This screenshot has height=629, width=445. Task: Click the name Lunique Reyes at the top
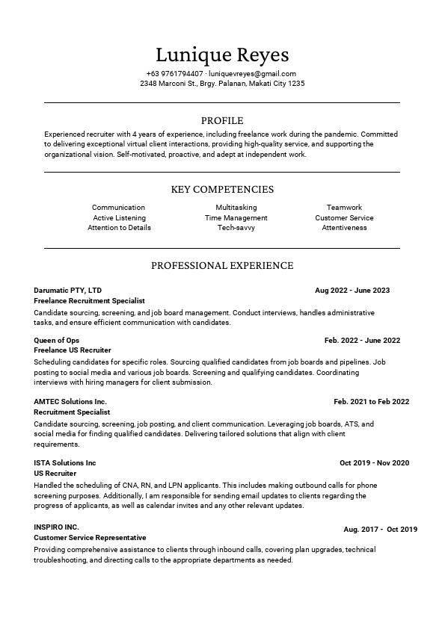coord(222,55)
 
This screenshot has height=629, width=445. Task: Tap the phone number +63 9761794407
coord(175,74)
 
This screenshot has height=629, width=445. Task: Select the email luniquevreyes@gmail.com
coord(253,74)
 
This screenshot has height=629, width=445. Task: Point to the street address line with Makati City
coord(222,84)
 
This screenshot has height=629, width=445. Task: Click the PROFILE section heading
coord(222,120)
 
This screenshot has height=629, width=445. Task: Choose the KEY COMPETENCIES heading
coord(222,190)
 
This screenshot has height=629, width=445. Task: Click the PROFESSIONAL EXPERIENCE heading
coord(222,265)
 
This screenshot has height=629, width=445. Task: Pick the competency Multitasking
coord(236,208)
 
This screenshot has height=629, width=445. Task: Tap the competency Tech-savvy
coord(236,228)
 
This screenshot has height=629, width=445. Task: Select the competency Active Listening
coord(120,218)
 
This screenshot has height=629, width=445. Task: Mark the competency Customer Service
coord(344,218)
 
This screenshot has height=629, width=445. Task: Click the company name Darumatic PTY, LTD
coord(68,290)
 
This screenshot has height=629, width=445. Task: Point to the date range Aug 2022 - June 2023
coord(352,290)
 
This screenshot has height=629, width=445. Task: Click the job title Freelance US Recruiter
coord(73,350)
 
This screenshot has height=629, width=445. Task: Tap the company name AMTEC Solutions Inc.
coord(70,401)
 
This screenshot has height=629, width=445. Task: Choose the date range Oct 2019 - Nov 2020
coord(375,463)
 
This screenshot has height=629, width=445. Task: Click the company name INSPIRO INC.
coord(56,527)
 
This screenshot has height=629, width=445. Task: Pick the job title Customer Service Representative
coord(90,538)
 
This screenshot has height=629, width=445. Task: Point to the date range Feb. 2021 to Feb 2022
coord(372,401)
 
